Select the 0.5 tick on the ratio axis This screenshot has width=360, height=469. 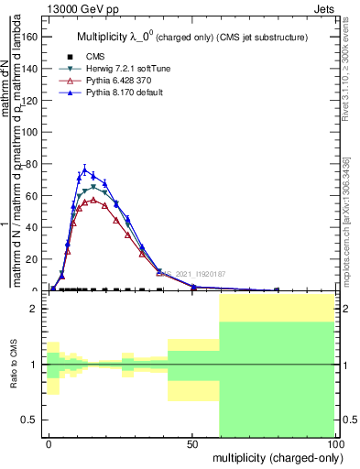tap(29, 420)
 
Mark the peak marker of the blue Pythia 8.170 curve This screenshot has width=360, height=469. tap(85, 169)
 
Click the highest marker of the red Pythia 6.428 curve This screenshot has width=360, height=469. tap(93, 199)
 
